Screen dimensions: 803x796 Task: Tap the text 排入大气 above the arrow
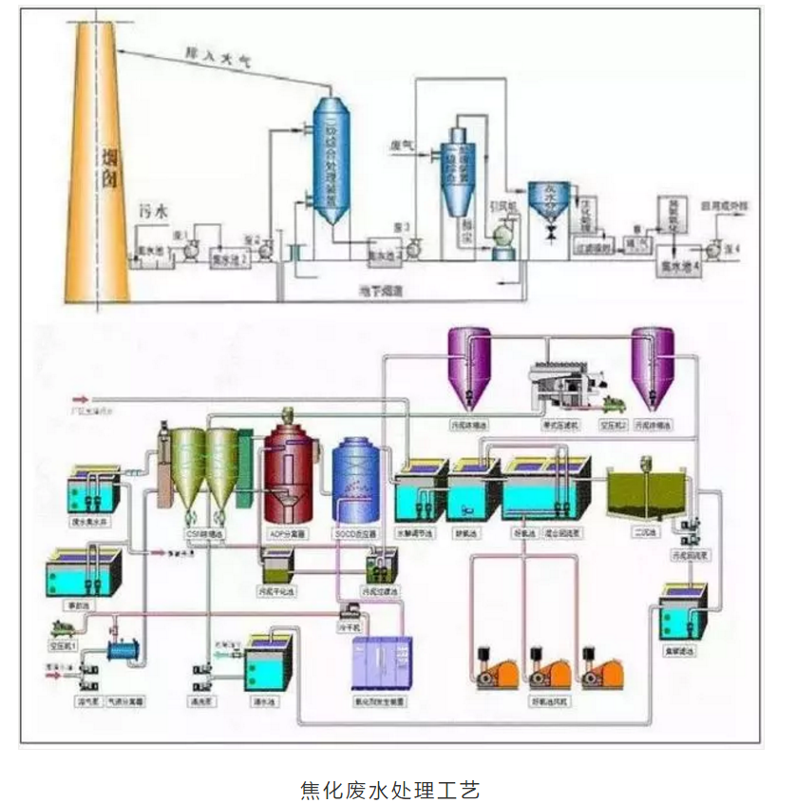(216, 58)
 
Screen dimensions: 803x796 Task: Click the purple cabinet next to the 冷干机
(379, 662)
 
